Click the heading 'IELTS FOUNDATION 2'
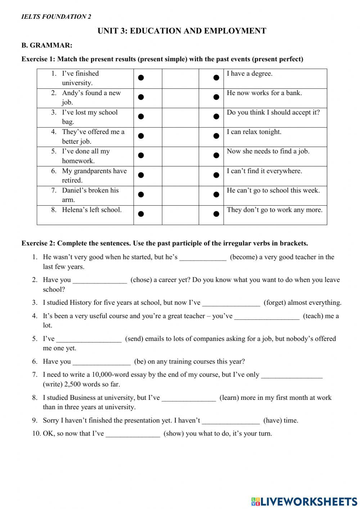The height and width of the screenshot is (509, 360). (x=56, y=17)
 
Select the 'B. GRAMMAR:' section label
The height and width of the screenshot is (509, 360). (x=47, y=45)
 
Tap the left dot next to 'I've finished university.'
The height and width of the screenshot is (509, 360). (x=141, y=77)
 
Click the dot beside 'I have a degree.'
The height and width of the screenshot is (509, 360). (x=216, y=77)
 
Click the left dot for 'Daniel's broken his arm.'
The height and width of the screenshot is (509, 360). (x=141, y=195)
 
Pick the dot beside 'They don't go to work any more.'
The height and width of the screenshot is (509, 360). (x=216, y=214)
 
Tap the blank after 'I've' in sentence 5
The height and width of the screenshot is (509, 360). (x=89, y=339)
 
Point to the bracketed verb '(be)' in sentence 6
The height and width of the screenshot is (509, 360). (x=140, y=362)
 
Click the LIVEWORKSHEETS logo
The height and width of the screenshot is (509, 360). (x=305, y=501)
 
